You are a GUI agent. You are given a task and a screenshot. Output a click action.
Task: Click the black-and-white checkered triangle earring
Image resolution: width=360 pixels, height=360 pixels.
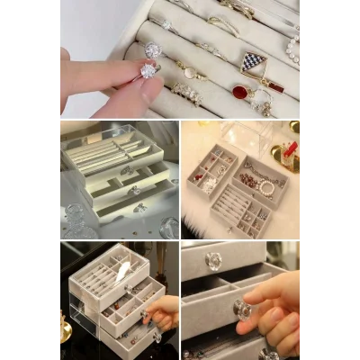click(255, 62)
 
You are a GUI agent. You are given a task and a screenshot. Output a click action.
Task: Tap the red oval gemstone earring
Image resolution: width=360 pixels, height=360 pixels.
click(241, 91)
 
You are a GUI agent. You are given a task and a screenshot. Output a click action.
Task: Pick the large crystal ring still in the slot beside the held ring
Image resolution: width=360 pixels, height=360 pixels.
click(154, 51)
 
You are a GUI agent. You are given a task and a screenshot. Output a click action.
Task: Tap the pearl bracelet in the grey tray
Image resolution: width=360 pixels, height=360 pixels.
click(266, 187)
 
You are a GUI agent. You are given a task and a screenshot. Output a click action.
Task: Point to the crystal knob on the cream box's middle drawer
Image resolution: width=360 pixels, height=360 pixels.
click(136, 190)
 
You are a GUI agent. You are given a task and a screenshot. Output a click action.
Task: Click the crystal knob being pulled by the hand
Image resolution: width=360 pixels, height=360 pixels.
click(244, 309)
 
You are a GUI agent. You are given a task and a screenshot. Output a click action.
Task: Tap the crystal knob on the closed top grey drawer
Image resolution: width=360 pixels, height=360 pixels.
click(213, 261)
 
